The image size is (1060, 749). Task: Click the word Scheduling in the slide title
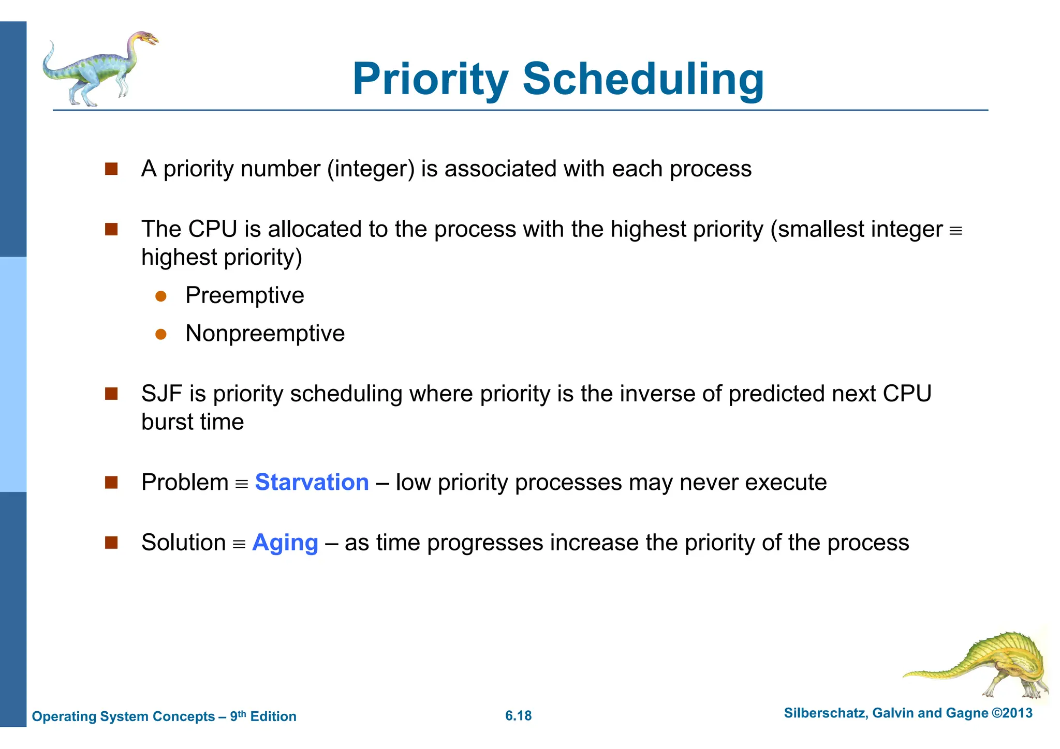coord(643,79)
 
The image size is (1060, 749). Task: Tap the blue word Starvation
coord(312,483)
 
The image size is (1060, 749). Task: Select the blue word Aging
coord(285,543)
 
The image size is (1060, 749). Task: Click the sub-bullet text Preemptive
coord(244,296)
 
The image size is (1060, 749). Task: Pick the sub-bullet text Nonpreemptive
coord(265,334)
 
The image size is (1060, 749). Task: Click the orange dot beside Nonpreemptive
coord(161,335)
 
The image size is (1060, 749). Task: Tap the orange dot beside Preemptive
coord(161,296)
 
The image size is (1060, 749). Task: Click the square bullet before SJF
coord(111,394)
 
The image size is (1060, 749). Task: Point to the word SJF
coord(161,394)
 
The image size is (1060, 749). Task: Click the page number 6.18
coord(518,716)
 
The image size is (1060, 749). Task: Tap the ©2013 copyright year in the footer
coord(1012,713)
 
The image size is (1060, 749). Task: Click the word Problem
coord(185,483)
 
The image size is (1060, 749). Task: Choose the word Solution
coord(183,543)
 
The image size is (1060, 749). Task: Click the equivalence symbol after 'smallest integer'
coord(955,231)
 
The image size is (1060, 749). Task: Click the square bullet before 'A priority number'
coord(111,169)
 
